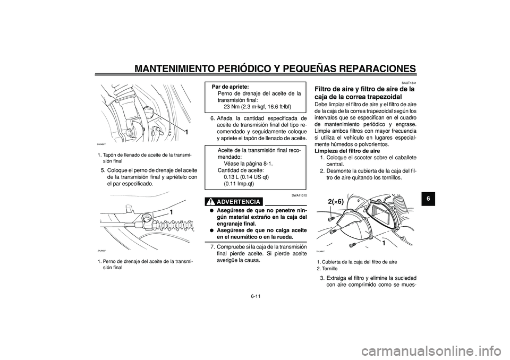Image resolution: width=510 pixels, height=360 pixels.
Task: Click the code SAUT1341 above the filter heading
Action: tap(409, 83)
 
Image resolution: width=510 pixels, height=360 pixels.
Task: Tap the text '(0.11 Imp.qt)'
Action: tap(239, 184)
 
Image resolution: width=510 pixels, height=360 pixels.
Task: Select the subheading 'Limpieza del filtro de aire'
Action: tap(346, 151)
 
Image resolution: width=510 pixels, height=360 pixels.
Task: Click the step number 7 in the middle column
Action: tap(212, 247)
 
